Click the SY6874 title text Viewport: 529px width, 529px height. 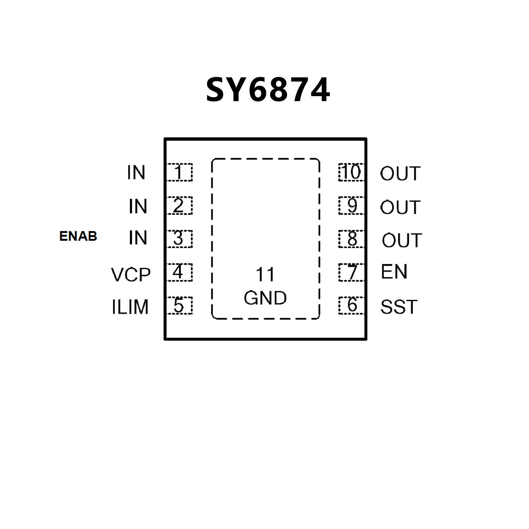[x=268, y=90]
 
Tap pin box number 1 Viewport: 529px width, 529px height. [x=179, y=172]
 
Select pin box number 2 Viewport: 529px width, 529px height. [x=179, y=206]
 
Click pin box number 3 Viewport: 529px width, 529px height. [x=179, y=239]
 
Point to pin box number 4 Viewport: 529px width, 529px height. [x=179, y=272]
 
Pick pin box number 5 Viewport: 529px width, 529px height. [x=179, y=305]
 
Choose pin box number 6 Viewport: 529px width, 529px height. [x=352, y=305]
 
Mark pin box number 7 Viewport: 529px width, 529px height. [x=352, y=272]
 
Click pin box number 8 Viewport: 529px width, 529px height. [x=352, y=239]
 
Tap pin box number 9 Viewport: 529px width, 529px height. [x=352, y=206]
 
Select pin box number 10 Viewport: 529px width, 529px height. [x=352, y=172]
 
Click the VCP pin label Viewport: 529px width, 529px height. [x=131, y=275]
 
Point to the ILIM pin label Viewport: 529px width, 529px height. [x=130, y=307]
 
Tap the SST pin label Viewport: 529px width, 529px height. [x=399, y=307]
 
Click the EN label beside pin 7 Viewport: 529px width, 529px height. [x=394, y=272]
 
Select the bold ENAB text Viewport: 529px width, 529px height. [x=78, y=236]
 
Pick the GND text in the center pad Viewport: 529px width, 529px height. [x=265, y=298]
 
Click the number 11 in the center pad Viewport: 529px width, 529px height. [x=265, y=275]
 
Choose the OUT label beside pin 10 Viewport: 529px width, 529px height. [x=400, y=173]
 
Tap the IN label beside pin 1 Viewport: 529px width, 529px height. [x=136, y=173]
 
